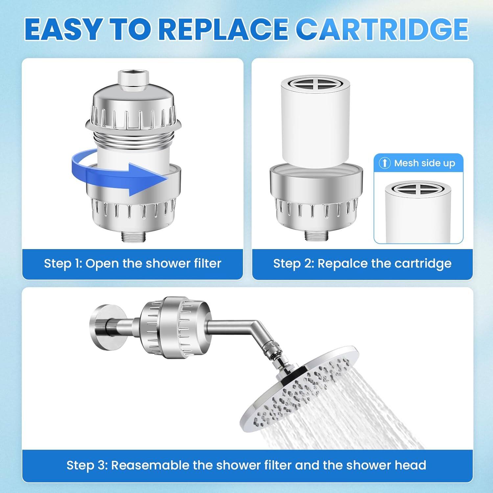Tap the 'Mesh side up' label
(424, 163)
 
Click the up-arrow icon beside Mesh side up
(385, 163)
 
